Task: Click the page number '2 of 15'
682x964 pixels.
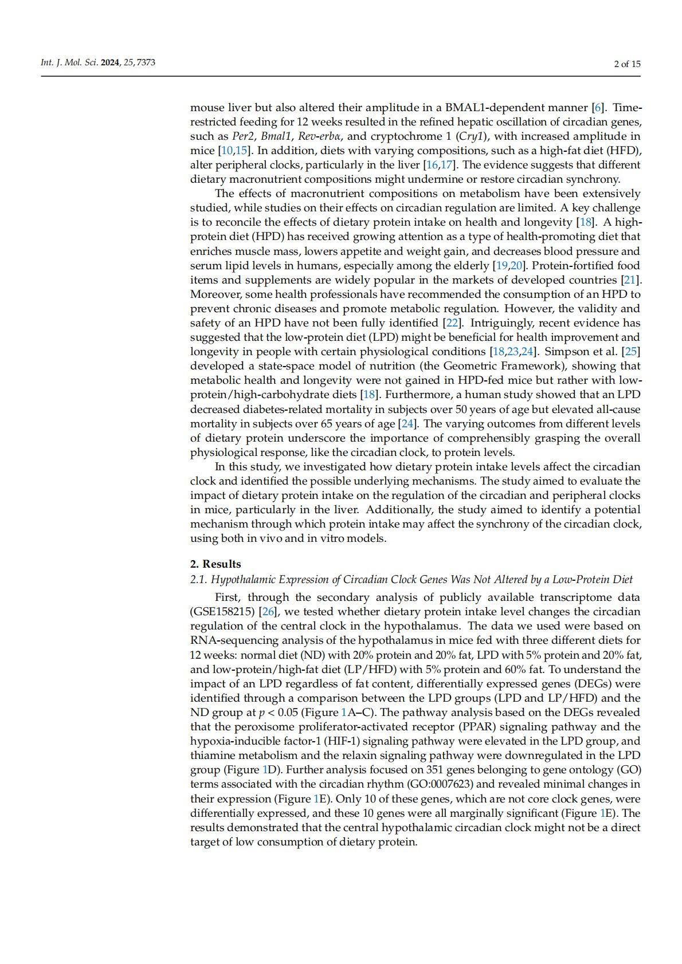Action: point(627,64)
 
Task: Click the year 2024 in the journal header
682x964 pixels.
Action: point(111,62)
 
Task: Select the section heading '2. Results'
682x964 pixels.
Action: point(215,564)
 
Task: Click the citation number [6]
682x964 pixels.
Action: point(598,108)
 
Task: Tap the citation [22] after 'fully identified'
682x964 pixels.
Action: point(452,323)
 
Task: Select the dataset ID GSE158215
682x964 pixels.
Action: point(222,612)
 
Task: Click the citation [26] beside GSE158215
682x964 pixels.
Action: point(268,612)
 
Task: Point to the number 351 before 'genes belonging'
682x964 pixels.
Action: point(444,770)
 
